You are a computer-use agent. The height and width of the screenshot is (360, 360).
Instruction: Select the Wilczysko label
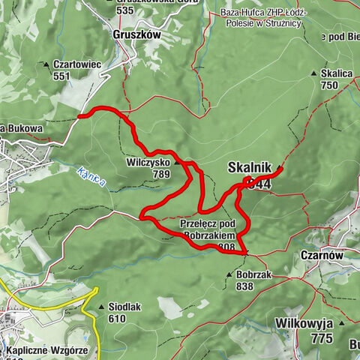coord(148,161)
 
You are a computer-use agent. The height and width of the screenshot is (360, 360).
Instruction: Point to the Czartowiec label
coord(76,64)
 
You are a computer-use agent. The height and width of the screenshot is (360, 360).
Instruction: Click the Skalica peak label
coord(335,73)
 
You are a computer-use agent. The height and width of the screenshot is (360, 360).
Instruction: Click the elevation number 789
coord(161,174)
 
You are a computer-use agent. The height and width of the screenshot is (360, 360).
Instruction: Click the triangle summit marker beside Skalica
coord(313,73)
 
